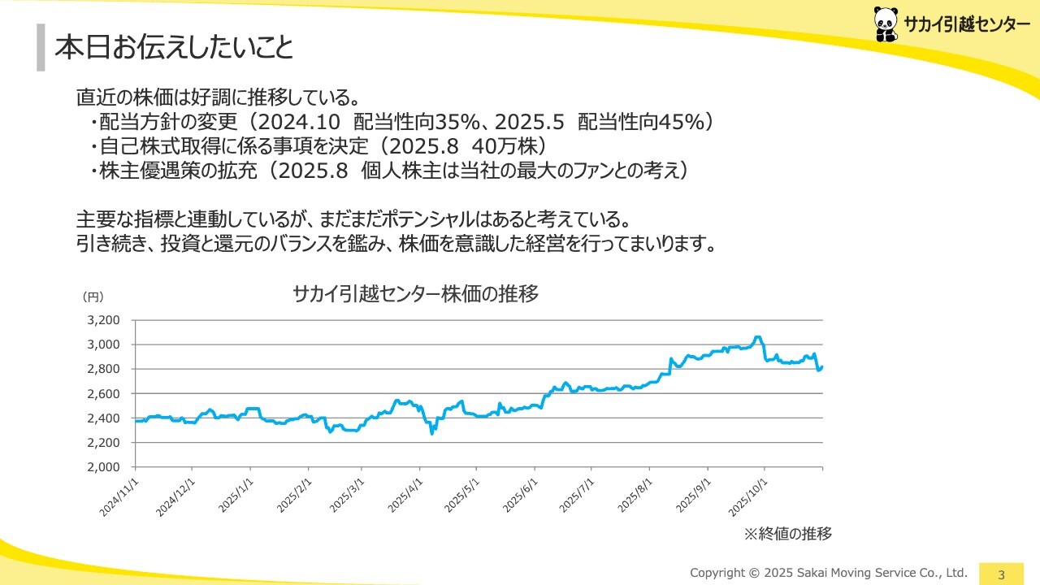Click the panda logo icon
pyautogui.click(x=886, y=24)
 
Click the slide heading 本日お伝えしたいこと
pyautogui.click(x=174, y=48)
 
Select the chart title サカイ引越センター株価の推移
pyautogui.click(x=415, y=294)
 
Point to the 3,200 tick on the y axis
pyautogui.click(x=103, y=320)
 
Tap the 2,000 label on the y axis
pyautogui.click(x=103, y=467)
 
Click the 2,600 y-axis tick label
pyautogui.click(x=103, y=394)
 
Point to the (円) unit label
pyautogui.click(x=93, y=297)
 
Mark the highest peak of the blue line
pyautogui.click(x=757, y=336)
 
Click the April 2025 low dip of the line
pyautogui.click(x=431, y=433)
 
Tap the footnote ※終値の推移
pyautogui.click(x=788, y=534)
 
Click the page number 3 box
pyautogui.click(x=1001, y=574)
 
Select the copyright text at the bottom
pyautogui.click(x=829, y=572)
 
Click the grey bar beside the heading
pyautogui.click(x=41, y=48)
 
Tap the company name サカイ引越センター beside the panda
pyautogui.click(x=966, y=26)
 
